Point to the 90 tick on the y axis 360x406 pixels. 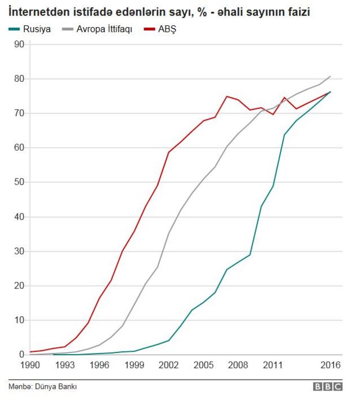tap(18, 44)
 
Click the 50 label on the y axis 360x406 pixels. tap(18, 182)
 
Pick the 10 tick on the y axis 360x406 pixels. tap(18, 320)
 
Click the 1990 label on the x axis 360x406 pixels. tap(29, 365)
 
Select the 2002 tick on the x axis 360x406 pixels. tap(168, 365)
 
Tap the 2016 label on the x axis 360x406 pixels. tap(331, 365)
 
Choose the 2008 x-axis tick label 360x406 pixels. tap(238, 365)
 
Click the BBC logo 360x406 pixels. tap(328, 387)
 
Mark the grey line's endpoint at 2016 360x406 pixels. tap(331, 76)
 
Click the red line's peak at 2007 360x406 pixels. tap(227, 96)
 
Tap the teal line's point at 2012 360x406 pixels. tap(284, 135)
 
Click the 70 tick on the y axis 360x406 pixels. tap(18, 113)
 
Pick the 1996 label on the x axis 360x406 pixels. tap(99, 365)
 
